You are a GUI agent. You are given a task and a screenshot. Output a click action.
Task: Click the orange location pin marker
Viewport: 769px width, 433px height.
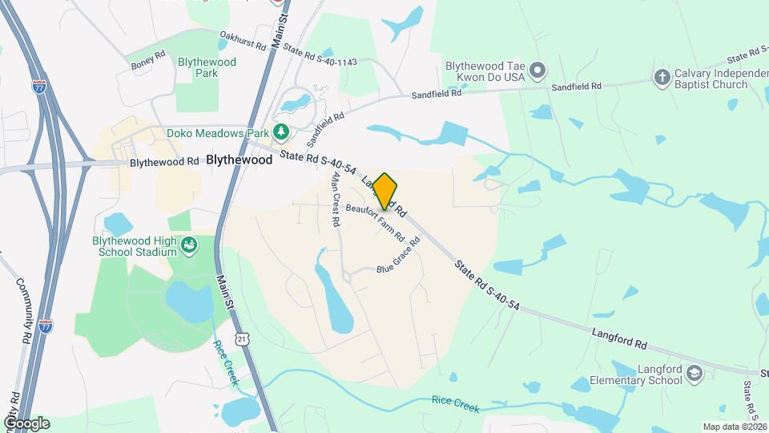click(385, 191)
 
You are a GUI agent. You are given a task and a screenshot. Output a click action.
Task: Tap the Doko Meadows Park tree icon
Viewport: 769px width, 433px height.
click(280, 132)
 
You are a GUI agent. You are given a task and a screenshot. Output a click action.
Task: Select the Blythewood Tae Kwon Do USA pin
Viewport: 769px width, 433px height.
click(537, 71)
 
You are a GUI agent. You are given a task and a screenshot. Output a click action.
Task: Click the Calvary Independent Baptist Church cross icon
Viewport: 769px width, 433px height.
click(662, 77)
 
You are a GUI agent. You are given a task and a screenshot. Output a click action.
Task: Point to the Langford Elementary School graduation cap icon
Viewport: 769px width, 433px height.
click(695, 374)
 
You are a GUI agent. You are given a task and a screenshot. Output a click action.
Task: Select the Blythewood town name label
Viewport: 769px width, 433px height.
click(240, 160)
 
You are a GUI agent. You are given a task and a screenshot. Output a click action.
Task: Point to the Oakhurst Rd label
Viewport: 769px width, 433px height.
click(242, 41)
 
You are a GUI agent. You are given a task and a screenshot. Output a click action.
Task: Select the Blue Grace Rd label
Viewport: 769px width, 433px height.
click(399, 254)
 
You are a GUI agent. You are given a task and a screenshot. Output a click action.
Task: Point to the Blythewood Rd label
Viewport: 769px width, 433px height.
click(164, 161)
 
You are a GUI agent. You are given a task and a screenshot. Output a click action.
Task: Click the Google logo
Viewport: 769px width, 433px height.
click(26, 423)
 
